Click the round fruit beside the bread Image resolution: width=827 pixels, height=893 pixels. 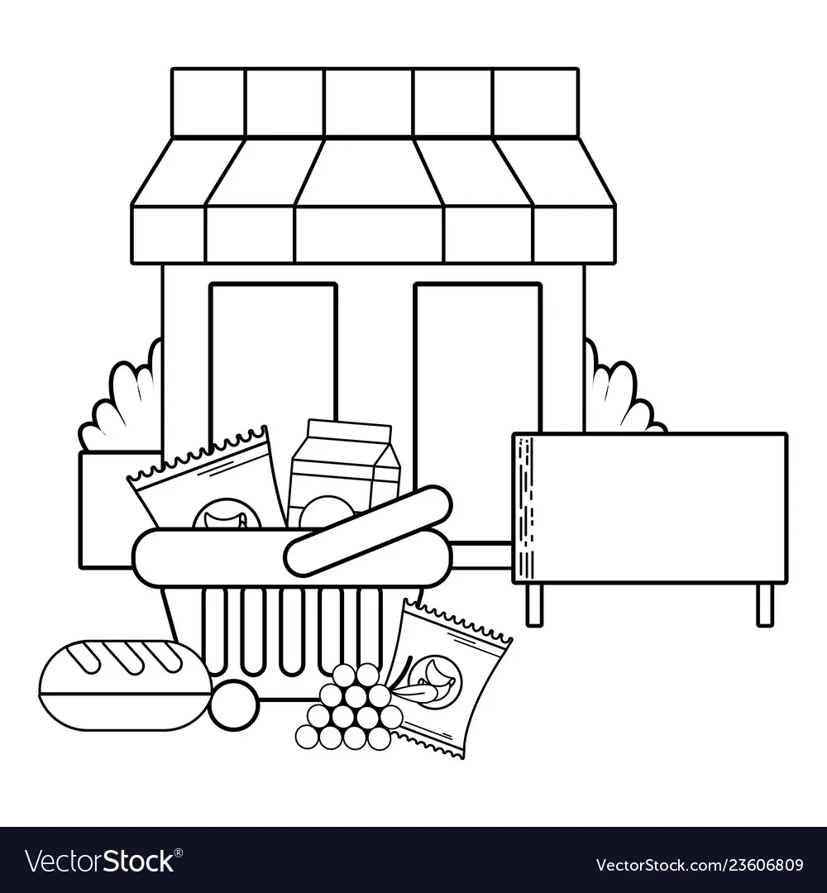click(x=234, y=704)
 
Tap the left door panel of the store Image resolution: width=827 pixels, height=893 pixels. click(x=274, y=399)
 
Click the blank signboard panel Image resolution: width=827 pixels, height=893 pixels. click(x=650, y=508)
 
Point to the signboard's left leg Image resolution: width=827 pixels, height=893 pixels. click(x=534, y=604)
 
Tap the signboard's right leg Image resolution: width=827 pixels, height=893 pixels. click(x=765, y=604)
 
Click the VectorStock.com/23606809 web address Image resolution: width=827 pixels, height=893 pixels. click(x=700, y=865)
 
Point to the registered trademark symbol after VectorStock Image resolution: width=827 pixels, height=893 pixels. click(x=179, y=852)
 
